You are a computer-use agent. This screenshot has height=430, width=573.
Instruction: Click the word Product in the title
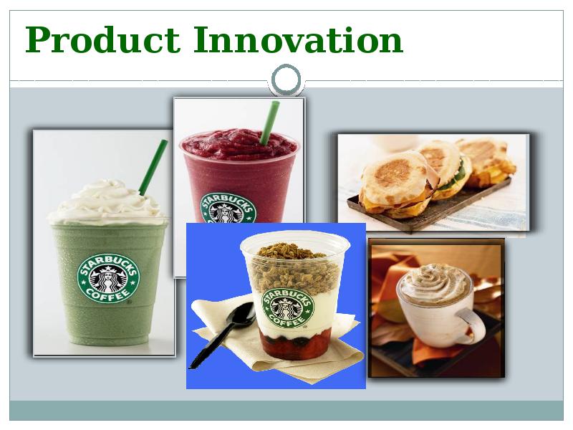tap(102, 40)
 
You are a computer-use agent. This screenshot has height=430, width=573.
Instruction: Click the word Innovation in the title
tap(298, 40)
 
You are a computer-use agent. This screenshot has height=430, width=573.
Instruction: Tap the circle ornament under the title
tap(286, 80)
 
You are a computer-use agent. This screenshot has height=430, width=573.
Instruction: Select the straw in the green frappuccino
tap(153, 167)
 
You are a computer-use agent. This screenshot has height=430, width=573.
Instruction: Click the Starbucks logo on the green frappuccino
tap(108, 279)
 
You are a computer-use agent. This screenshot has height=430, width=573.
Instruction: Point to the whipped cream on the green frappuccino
tap(107, 202)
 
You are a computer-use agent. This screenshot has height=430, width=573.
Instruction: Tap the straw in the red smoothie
tap(270, 123)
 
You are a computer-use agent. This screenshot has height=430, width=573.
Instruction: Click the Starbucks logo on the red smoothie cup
tap(228, 209)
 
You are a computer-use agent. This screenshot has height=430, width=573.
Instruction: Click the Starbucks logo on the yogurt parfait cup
tap(288, 308)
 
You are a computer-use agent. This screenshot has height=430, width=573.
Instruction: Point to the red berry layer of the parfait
tap(297, 343)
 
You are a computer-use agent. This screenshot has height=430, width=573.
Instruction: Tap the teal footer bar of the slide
tap(286, 410)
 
